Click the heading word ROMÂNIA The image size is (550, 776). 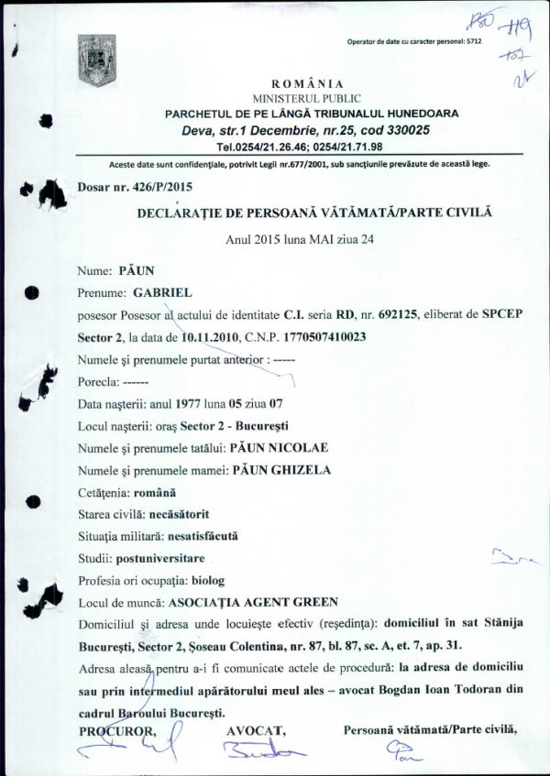pos(306,83)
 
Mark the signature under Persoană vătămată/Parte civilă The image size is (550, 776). pos(402,753)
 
